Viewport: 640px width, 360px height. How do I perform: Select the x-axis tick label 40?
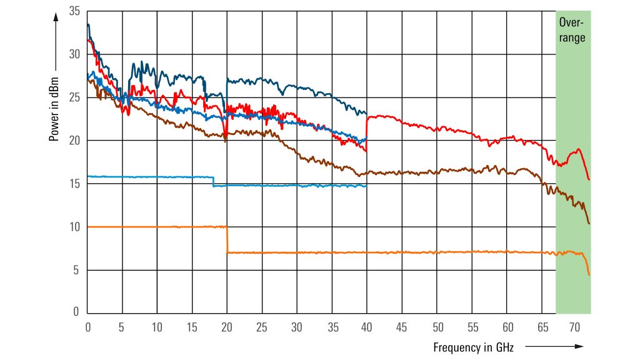(x=367, y=326)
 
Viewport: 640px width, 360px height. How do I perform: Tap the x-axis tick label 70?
(x=576, y=326)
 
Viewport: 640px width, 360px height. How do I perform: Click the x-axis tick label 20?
(x=227, y=326)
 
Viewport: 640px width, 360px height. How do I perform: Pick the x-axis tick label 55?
(x=472, y=326)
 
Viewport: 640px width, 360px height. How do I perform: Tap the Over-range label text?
(x=572, y=30)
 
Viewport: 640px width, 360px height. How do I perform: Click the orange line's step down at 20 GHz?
(x=227, y=239)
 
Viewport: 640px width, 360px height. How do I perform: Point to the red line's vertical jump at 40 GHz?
(x=367, y=133)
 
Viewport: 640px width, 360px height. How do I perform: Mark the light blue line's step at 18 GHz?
(x=213, y=181)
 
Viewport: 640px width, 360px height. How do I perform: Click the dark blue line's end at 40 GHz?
(x=366, y=114)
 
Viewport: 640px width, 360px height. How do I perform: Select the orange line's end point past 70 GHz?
(x=589, y=274)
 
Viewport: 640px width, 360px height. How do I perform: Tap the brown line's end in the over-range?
(x=589, y=223)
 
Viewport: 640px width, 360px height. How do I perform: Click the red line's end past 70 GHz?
(x=589, y=179)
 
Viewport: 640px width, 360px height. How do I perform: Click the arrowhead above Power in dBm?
(x=55, y=17)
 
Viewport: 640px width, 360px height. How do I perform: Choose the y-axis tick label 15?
(x=75, y=184)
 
